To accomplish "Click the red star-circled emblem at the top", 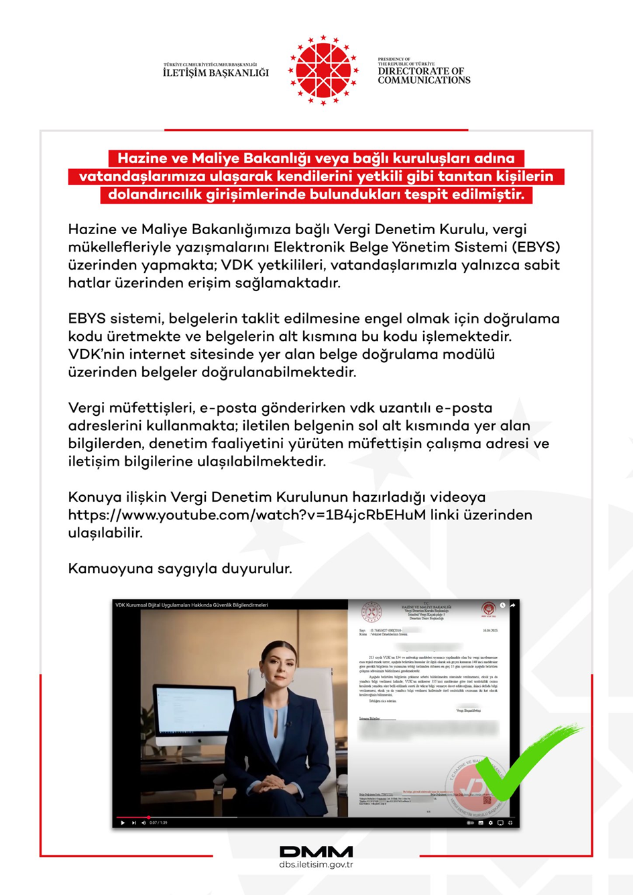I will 323,70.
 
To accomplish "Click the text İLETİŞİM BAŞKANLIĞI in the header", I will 215,73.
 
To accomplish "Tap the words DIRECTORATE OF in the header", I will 420,71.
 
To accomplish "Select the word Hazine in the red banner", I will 140,158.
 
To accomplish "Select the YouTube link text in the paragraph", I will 247,515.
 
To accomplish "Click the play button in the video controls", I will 123,823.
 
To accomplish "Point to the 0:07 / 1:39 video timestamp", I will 158,823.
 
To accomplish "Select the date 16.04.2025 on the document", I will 490,631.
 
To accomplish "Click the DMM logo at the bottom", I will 316,851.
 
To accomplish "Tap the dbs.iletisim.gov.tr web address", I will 316,865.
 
